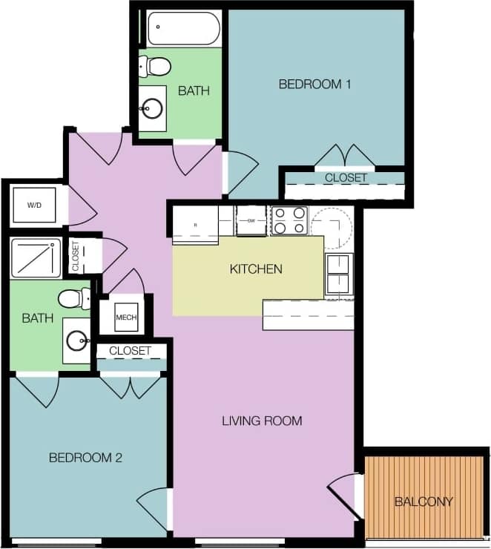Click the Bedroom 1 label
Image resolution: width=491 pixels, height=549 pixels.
coord(314,84)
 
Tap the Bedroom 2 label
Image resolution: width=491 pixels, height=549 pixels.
coord(85,458)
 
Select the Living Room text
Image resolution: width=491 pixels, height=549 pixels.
coord(262,421)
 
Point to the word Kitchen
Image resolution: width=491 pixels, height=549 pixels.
coord(256,269)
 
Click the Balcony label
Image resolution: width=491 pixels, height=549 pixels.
coord(424,502)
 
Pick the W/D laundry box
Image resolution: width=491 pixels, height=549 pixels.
coord(35,205)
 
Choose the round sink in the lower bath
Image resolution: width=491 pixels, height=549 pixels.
coord(76,341)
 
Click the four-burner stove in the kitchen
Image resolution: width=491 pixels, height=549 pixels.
coord(290,220)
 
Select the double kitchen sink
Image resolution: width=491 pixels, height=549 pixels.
coord(338,274)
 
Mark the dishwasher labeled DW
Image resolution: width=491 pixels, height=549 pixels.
coord(251,220)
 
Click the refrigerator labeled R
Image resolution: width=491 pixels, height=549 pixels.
coord(196,224)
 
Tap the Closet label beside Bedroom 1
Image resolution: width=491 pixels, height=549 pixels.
coord(346,178)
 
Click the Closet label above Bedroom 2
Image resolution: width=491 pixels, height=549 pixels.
coord(130,350)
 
